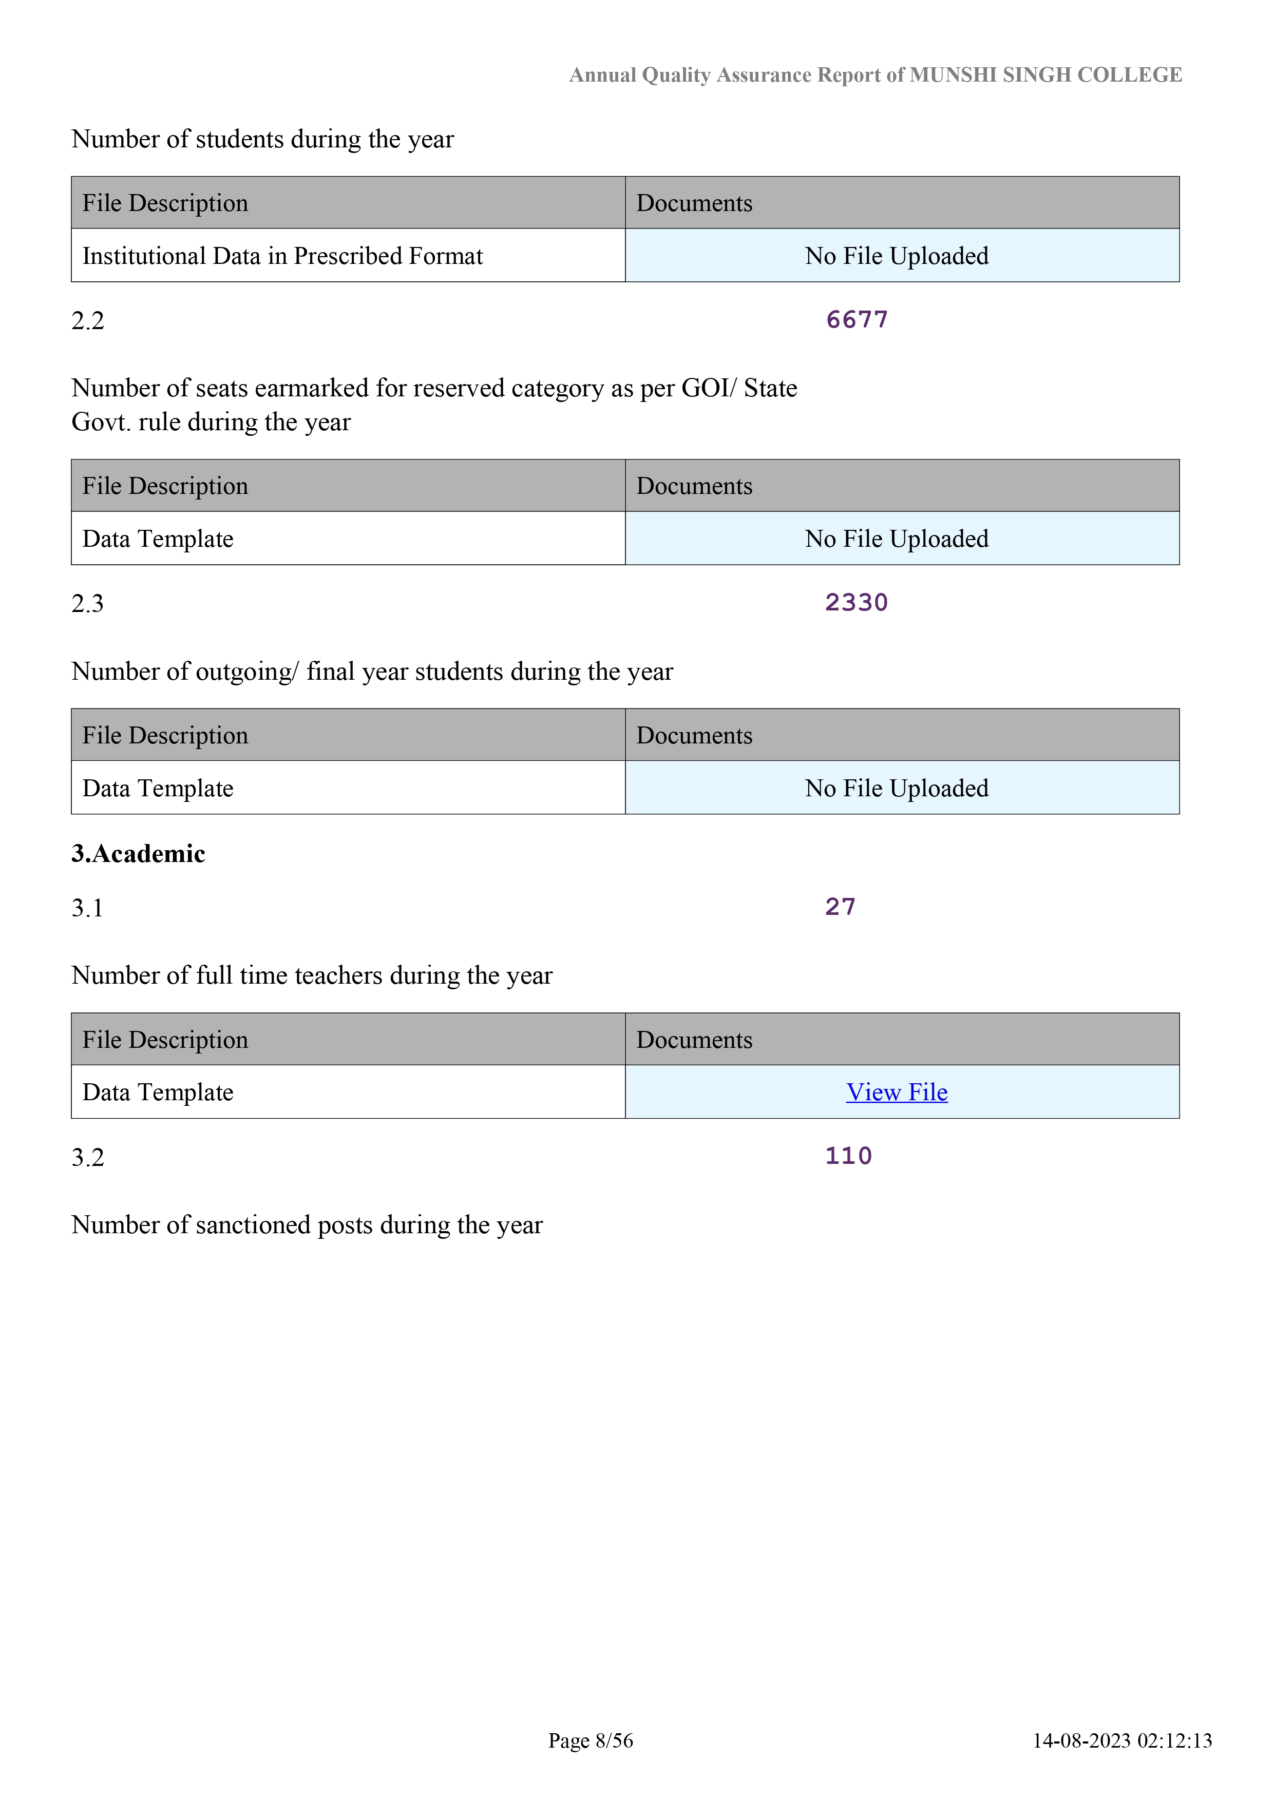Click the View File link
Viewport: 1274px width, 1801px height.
(x=897, y=1092)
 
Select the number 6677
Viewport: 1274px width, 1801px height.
(x=857, y=320)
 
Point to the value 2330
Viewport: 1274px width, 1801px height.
(x=856, y=602)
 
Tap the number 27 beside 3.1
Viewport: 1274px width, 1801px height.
(x=840, y=907)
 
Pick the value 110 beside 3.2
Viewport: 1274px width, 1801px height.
(x=848, y=1156)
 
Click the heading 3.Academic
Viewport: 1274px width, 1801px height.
(x=138, y=853)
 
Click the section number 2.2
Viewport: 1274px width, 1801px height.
(x=88, y=321)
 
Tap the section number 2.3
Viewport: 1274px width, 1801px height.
(x=88, y=604)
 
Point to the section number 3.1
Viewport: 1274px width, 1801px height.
(x=88, y=908)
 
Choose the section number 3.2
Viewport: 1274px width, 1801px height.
(x=88, y=1158)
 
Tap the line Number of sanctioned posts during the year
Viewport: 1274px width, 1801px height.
(x=307, y=1225)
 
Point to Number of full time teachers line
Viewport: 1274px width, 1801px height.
(x=312, y=976)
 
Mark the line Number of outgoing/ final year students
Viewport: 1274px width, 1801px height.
(x=372, y=672)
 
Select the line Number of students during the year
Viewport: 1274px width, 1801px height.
(x=262, y=140)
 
